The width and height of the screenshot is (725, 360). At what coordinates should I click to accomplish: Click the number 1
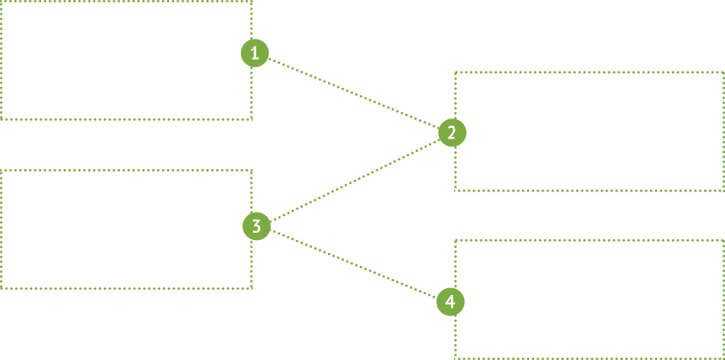click(x=255, y=54)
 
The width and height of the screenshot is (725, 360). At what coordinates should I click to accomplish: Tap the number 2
click(x=451, y=133)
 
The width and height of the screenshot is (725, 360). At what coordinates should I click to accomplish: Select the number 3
click(x=256, y=226)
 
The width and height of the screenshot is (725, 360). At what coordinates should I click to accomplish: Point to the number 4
click(x=450, y=302)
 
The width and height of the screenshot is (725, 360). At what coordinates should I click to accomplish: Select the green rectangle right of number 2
click(x=589, y=131)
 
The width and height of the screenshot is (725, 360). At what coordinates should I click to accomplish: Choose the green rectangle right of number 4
click(x=589, y=298)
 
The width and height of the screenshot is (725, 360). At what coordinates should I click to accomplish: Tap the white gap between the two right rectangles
click(x=589, y=215)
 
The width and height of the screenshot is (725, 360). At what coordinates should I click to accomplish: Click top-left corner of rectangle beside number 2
click(x=454, y=71)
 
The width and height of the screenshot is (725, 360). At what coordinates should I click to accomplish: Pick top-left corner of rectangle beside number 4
click(x=454, y=238)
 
